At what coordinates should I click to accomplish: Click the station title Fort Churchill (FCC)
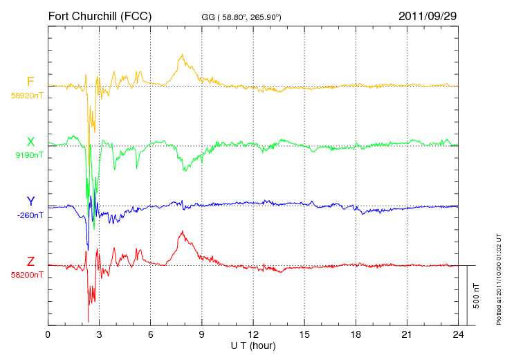[x=100, y=16]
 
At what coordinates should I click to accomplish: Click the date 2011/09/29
[x=428, y=16]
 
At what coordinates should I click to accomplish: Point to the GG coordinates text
[x=241, y=17]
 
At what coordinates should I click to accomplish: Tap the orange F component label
[x=30, y=82]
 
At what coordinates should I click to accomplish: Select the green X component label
[x=30, y=142]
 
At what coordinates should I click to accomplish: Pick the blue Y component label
[x=30, y=201]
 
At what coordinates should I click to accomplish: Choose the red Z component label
[x=30, y=262]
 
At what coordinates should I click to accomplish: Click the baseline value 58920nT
[x=27, y=96]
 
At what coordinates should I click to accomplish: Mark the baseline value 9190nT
[x=29, y=155]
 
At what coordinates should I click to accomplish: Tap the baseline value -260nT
[x=30, y=215]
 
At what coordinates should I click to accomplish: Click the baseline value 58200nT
[x=27, y=275]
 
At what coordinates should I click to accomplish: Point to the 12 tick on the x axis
[x=253, y=334]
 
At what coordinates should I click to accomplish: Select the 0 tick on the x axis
[x=48, y=334]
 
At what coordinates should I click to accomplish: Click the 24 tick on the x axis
[x=458, y=334]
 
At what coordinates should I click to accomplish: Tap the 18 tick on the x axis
[x=356, y=334]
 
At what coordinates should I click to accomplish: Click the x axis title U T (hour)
[x=253, y=346]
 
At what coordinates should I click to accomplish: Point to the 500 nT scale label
[x=477, y=296]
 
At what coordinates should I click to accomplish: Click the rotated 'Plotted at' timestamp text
[x=499, y=279]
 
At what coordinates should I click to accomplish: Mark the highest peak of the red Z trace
[x=183, y=231]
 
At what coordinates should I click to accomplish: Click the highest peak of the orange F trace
[x=183, y=54]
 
